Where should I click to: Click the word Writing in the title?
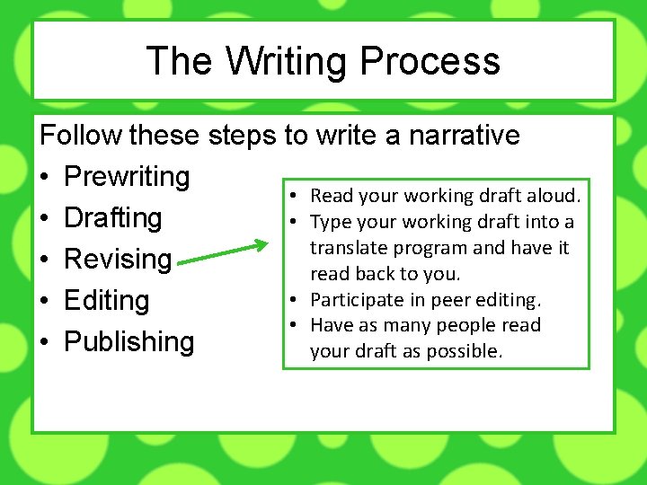coord(288,61)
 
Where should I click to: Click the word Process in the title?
coord(430,61)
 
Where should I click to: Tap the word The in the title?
coord(180,61)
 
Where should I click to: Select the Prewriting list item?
coord(127,177)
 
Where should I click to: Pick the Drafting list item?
coord(113,218)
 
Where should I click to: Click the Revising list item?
coord(118,260)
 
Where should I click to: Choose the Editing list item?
coord(106,301)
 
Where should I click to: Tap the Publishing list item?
coord(129,342)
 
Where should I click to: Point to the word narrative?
coord(464,136)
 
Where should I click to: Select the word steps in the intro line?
coord(243,136)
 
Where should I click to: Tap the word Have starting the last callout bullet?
coord(331,325)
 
